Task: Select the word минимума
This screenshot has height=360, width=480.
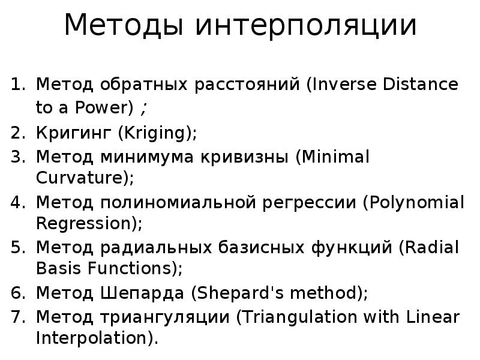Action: tap(136, 157)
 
